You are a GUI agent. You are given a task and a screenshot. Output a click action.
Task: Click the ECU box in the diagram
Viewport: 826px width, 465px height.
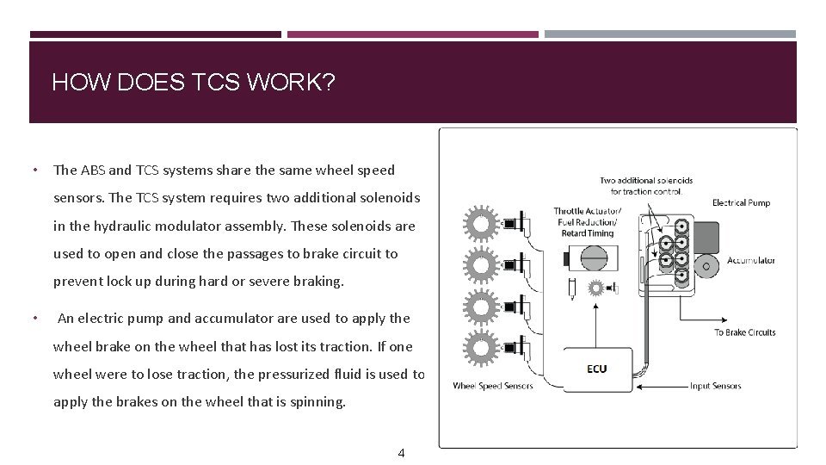[x=597, y=369]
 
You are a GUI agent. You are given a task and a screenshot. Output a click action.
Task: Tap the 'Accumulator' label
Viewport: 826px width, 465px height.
[x=751, y=260]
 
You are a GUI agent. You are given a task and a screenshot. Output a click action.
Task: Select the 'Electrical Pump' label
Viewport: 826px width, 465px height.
[x=741, y=203]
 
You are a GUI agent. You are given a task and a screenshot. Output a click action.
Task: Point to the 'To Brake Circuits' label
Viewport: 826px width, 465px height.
[x=744, y=332]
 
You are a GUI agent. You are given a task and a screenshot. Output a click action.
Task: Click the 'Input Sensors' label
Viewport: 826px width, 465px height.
[x=715, y=386]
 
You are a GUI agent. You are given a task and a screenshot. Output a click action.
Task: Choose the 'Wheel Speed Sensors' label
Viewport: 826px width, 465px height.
[x=493, y=386]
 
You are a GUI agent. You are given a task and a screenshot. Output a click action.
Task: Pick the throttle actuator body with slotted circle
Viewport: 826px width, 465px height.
[x=594, y=258]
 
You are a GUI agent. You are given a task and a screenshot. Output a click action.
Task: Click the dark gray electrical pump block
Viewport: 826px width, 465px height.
[x=706, y=235]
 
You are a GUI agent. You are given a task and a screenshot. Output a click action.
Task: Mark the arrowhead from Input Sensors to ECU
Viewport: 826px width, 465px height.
[x=637, y=387]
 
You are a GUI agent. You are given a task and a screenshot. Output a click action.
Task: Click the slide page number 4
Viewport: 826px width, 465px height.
[x=400, y=453]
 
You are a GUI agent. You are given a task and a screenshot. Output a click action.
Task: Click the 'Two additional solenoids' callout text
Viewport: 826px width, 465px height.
[x=646, y=185]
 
